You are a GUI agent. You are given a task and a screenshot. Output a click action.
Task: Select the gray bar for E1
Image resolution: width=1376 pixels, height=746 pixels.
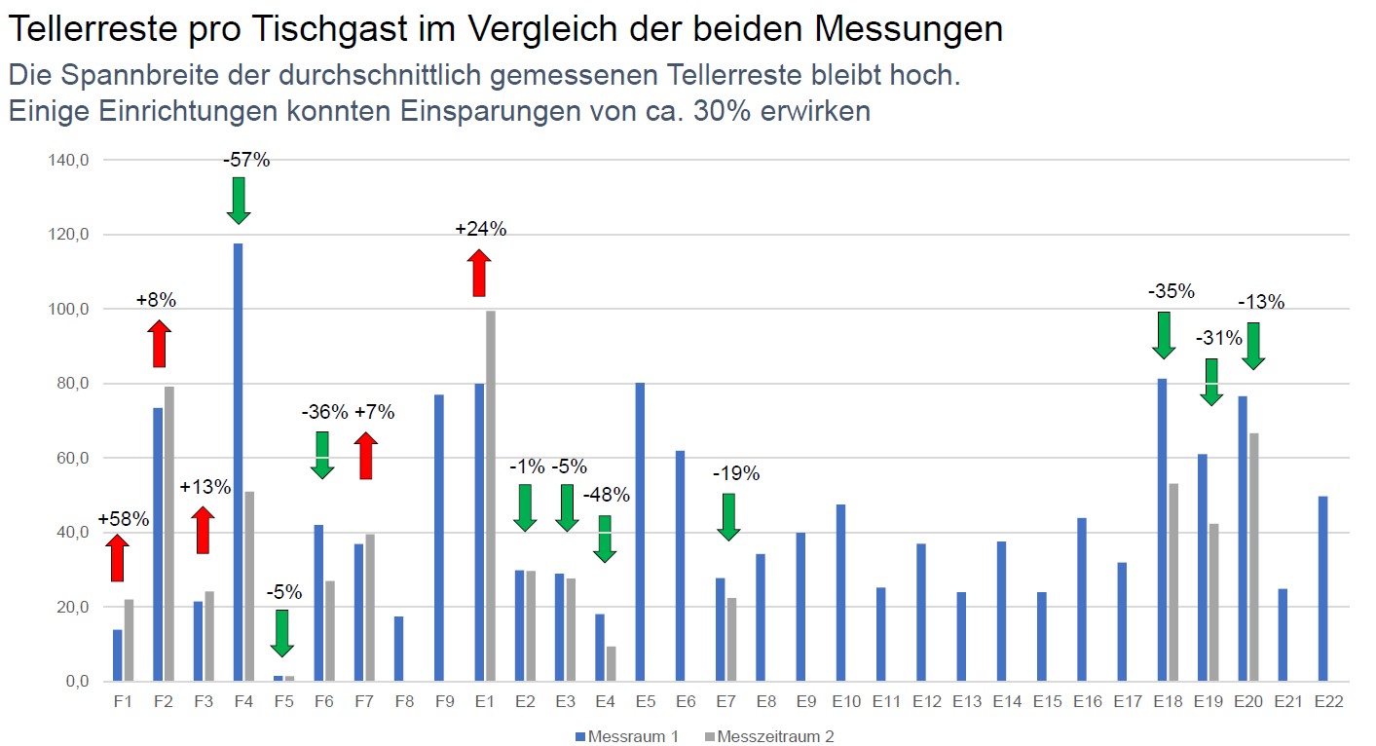point(490,497)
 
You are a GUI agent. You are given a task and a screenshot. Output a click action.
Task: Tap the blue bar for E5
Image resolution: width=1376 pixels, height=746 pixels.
point(640,532)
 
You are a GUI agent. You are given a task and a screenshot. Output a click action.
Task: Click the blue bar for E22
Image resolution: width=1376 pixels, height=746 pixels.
point(1321,588)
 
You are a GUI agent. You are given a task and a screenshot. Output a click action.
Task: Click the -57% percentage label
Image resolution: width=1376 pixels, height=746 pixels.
point(246,160)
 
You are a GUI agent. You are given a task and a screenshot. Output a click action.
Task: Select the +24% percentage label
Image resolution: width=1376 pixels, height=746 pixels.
point(481,230)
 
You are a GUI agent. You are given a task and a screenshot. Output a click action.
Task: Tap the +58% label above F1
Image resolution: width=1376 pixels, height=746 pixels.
point(124,519)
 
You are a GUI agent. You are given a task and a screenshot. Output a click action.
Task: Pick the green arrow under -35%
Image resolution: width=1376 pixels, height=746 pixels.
point(1163,335)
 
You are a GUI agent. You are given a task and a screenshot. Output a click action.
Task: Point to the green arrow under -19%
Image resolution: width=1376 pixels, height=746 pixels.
point(728,516)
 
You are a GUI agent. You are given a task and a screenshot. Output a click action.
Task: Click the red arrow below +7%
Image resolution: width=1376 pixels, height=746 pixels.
point(365,456)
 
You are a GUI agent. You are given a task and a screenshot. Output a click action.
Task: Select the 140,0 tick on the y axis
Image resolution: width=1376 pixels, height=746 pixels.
point(68,160)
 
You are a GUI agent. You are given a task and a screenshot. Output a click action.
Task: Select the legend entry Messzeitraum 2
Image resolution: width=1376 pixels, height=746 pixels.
point(774,736)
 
